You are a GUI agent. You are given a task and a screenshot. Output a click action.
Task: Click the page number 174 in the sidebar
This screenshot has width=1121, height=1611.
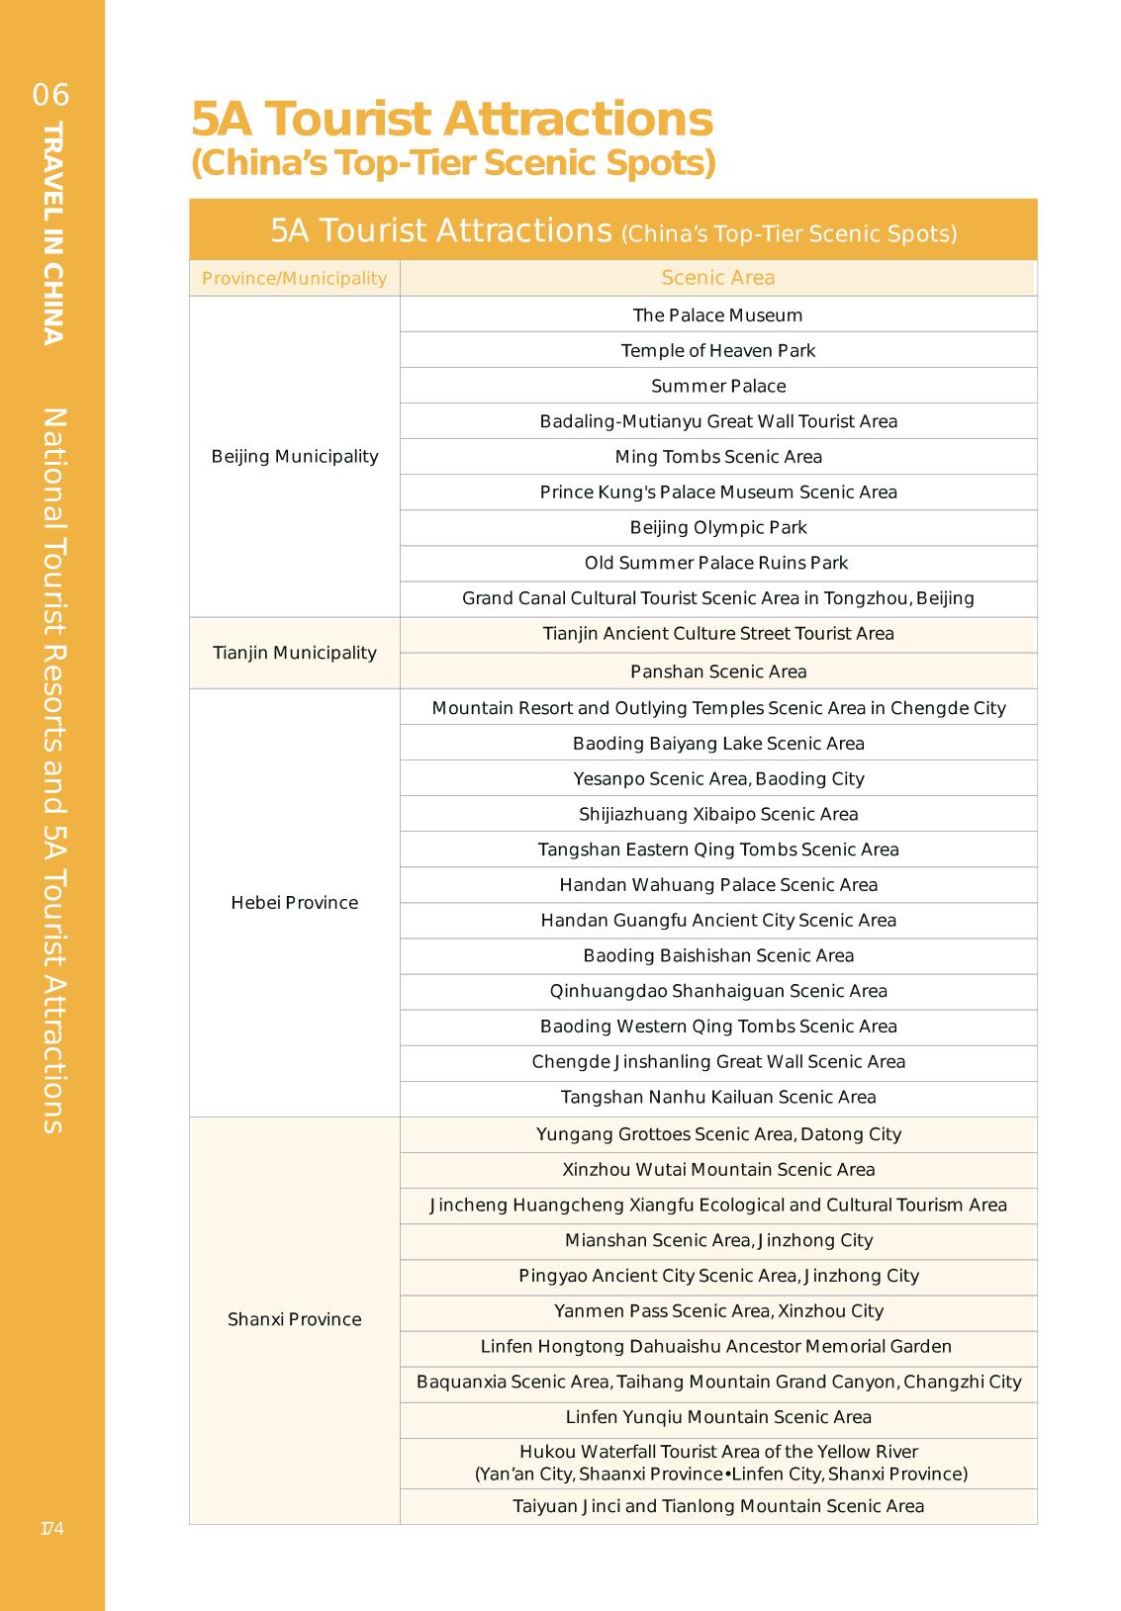coord(51,1529)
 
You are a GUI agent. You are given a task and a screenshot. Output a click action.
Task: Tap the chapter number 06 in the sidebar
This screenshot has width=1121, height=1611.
coord(51,95)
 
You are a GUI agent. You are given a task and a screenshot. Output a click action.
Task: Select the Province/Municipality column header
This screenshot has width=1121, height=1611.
coord(294,279)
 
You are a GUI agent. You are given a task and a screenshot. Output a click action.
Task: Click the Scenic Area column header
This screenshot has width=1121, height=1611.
coord(718,278)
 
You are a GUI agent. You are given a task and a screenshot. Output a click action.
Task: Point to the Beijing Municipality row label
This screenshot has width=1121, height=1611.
coord(295,457)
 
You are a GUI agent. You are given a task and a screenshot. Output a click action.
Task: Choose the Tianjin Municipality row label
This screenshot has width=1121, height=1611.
coord(295,653)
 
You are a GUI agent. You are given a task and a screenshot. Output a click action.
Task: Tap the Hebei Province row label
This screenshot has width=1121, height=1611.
coord(295,903)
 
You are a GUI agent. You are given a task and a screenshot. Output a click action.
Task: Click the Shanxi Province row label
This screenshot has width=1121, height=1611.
coord(295,1319)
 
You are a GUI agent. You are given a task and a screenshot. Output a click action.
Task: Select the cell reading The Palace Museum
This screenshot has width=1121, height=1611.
coord(718,315)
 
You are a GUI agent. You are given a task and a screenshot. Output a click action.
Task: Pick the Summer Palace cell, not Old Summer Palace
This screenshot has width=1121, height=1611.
coord(718,387)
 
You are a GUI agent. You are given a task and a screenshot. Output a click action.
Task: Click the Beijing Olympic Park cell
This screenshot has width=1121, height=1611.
coord(718,528)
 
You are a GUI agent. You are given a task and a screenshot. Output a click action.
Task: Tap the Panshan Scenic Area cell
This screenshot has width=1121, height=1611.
coord(718,672)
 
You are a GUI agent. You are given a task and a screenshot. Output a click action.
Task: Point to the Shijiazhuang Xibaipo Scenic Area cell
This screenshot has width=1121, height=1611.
coord(718,815)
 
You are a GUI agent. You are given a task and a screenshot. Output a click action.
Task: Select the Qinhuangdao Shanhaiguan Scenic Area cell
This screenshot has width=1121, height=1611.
coord(718,991)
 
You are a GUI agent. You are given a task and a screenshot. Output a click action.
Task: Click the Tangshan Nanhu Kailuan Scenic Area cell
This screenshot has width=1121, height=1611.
coord(718,1098)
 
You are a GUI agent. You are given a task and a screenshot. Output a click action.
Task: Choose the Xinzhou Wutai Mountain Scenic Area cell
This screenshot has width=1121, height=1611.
coord(718,1170)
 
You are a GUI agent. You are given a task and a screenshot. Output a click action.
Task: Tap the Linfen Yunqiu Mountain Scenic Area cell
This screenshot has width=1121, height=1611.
coord(718,1417)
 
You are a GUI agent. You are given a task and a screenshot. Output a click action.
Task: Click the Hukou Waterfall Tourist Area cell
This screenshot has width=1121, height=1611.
coord(718,1463)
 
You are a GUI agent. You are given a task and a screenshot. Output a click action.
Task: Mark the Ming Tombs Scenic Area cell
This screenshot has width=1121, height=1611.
coord(718,457)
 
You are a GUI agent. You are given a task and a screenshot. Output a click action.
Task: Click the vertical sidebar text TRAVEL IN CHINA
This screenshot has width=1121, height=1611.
coord(53,233)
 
